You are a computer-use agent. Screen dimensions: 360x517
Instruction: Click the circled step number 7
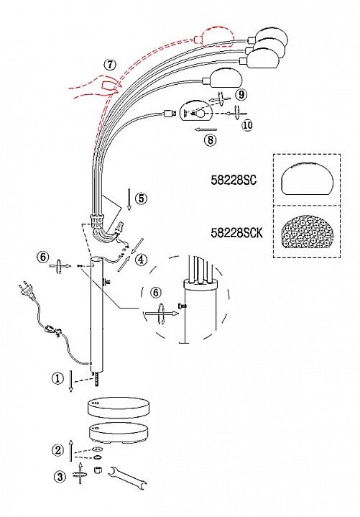[x=110, y=64]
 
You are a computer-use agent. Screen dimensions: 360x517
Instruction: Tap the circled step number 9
[x=241, y=95]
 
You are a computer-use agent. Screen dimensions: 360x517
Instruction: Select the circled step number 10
[x=247, y=125]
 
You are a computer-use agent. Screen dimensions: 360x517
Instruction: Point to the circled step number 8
[x=211, y=140]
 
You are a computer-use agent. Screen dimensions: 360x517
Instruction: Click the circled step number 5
[x=142, y=198]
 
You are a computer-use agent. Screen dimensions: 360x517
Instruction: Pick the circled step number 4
[x=141, y=260]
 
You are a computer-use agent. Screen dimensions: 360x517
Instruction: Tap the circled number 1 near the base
[x=57, y=378]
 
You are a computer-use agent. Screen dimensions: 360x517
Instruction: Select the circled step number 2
[x=58, y=449]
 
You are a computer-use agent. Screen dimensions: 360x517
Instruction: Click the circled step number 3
[x=60, y=477]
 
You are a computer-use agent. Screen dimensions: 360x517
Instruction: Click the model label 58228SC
[x=234, y=180]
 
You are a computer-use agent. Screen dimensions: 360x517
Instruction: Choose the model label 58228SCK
[x=236, y=233]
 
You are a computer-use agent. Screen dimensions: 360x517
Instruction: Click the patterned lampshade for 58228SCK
[x=307, y=232]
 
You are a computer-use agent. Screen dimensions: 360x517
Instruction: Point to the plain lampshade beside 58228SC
[x=307, y=178]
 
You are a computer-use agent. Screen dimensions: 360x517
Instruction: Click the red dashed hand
[x=96, y=87]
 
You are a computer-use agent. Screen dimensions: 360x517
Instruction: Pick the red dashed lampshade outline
[x=215, y=37]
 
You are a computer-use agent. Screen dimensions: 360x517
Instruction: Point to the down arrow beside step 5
[x=129, y=200]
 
